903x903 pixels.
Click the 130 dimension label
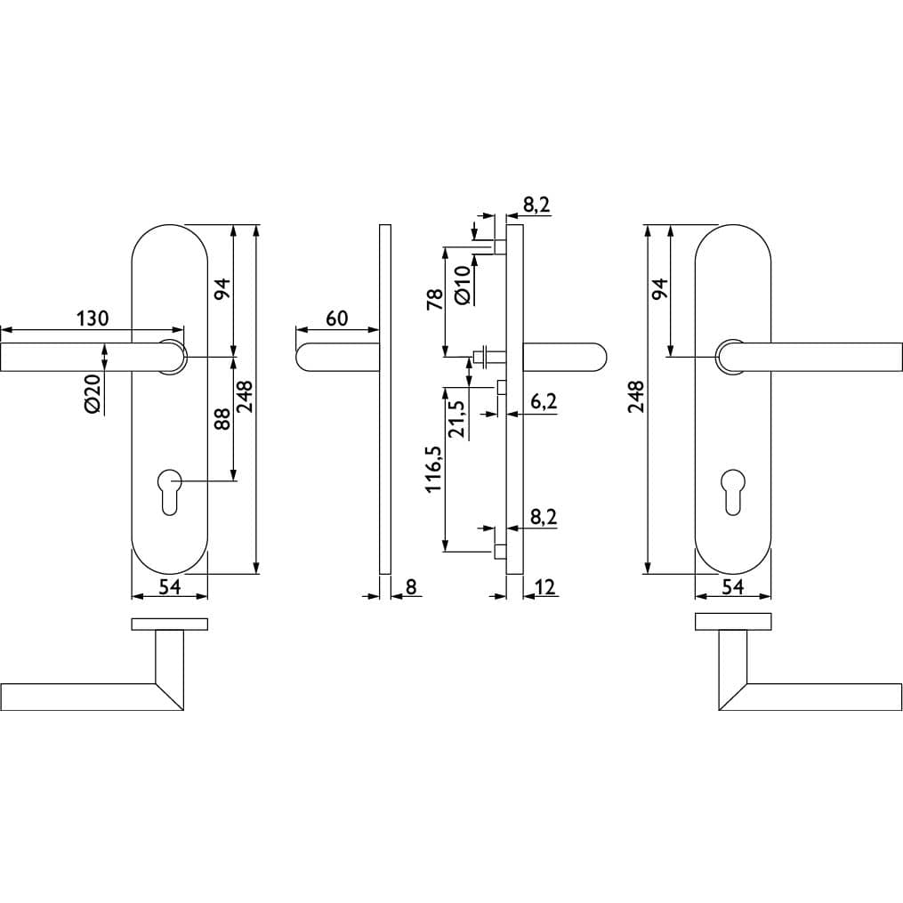[93, 318]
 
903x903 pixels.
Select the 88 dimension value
[222, 419]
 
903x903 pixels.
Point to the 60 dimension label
[337, 318]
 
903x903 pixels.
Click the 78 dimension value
[435, 300]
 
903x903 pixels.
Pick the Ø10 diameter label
[463, 285]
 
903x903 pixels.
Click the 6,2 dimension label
[544, 401]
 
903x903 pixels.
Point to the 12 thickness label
[544, 587]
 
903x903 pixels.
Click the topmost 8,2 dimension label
[536, 205]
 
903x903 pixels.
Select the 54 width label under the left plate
[170, 587]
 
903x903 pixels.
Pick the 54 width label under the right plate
[733, 587]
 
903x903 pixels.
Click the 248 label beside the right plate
[637, 396]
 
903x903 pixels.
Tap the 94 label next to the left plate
[222, 288]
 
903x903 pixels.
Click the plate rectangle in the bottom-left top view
[170, 625]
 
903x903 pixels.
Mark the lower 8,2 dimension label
[544, 517]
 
